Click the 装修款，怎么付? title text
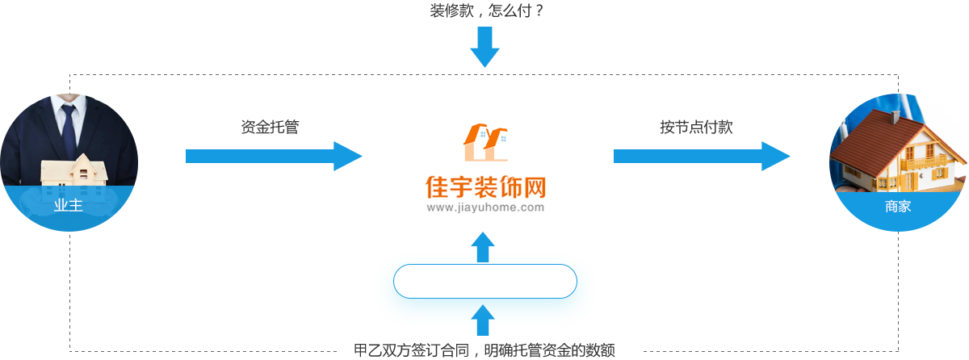click(x=484, y=11)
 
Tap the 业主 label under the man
click(x=69, y=206)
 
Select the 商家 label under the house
click(x=897, y=207)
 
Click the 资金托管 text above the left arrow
click(x=270, y=127)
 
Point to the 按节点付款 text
click(x=696, y=127)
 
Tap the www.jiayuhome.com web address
click(x=484, y=207)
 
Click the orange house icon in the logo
click(x=484, y=142)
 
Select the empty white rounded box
click(x=484, y=281)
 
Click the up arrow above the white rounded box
click(x=483, y=247)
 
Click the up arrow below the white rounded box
click(x=483, y=320)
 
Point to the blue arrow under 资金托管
click(x=273, y=156)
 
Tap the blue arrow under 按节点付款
click(x=701, y=156)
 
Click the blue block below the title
click(x=484, y=47)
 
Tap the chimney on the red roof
click(x=895, y=118)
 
